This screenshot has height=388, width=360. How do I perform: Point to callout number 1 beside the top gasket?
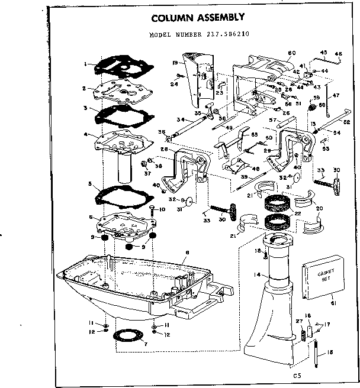pyautogui.click(x=86, y=63)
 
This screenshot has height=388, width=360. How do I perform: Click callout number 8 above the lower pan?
pyautogui.click(x=187, y=253)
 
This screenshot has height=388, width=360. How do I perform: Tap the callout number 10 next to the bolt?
pyautogui.click(x=163, y=209)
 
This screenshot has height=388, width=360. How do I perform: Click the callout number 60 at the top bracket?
pyautogui.click(x=291, y=53)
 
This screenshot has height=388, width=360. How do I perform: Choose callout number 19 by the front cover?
pyautogui.click(x=175, y=62)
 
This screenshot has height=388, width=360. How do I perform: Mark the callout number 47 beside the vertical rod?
pyautogui.click(x=335, y=95)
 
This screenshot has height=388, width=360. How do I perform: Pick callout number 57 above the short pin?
pyautogui.click(x=273, y=119)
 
